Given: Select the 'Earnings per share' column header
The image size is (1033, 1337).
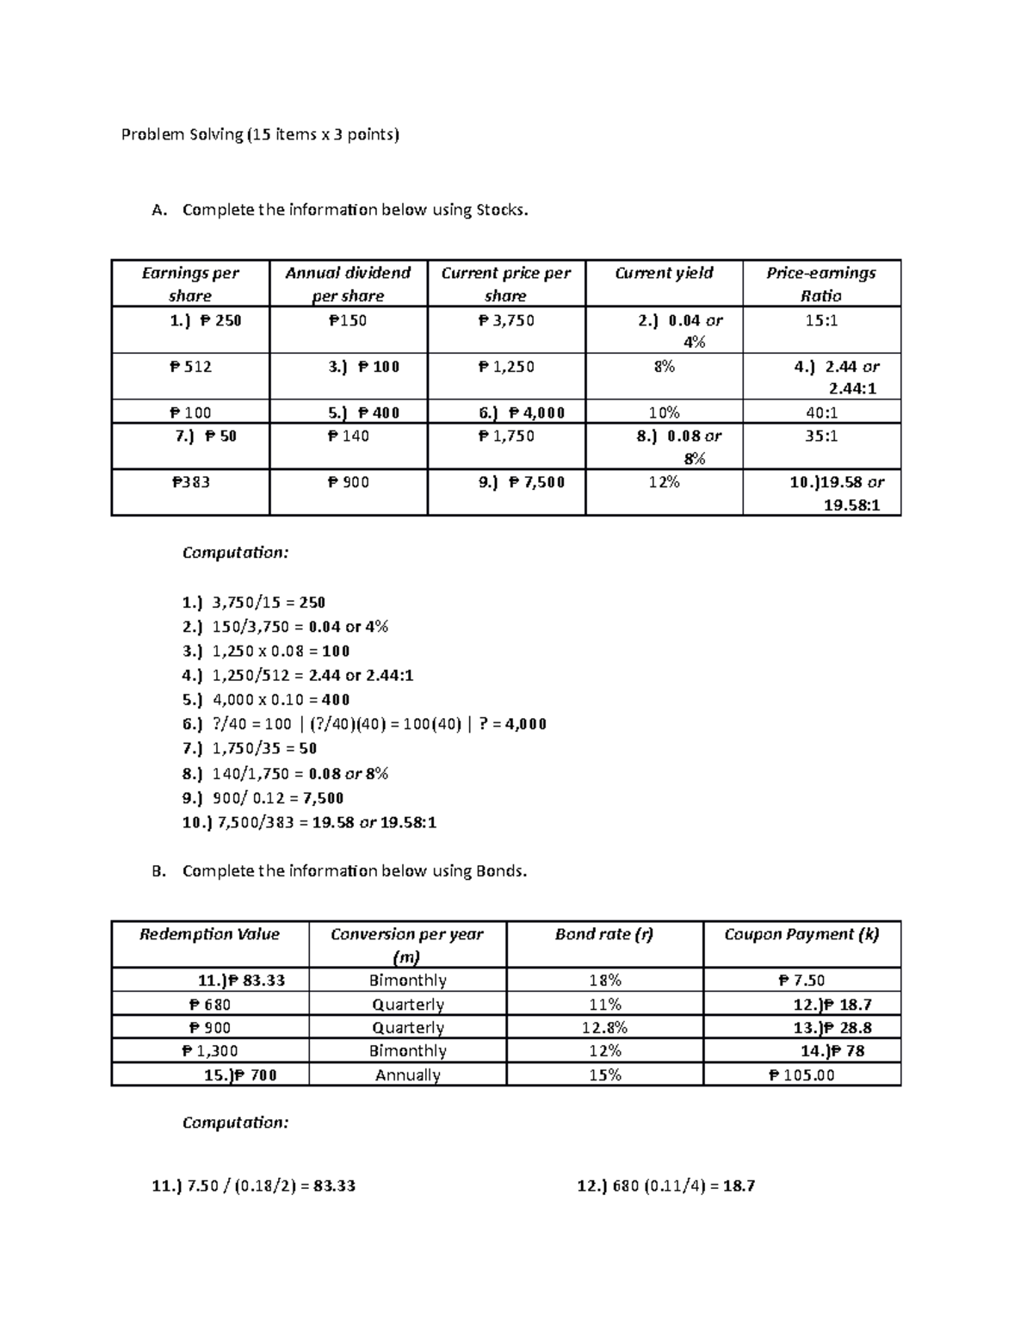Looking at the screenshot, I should click(x=190, y=283).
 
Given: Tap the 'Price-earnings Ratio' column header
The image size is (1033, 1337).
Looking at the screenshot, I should click(x=820, y=283).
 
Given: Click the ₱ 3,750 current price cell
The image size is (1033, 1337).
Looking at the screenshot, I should click(x=506, y=320).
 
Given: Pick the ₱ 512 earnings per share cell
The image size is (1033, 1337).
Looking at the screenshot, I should click(x=190, y=367).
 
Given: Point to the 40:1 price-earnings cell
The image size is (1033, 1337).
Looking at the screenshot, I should click(x=820, y=412).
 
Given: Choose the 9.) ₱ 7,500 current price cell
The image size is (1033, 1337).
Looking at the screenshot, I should click(x=522, y=482).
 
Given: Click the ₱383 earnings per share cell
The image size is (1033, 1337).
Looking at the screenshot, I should click(x=190, y=482).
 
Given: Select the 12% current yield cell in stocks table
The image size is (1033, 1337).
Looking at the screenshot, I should click(x=664, y=482).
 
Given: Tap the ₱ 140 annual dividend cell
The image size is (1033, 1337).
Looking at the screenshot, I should click(x=348, y=436).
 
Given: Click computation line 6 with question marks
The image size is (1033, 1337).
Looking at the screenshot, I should click(x=364, y=724).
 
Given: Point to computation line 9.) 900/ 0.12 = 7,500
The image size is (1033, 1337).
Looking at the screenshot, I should click(x=263, y=798).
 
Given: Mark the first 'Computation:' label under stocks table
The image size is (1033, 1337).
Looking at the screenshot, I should click(x=235, y=553).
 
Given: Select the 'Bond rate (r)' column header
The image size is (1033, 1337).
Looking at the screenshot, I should click(x=604, y=934).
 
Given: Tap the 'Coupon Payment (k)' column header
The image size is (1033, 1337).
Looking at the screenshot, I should click(x=801, y=934).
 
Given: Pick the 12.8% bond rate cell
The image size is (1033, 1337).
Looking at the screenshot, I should click(x=604, y=1028).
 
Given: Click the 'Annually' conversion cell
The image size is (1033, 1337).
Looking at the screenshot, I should click(x=407, y=1075).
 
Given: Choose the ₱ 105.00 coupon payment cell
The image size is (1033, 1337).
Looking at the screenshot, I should click(x=801, y=1075).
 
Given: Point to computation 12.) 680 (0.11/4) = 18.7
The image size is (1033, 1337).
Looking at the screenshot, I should click(x=665, y=1186).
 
